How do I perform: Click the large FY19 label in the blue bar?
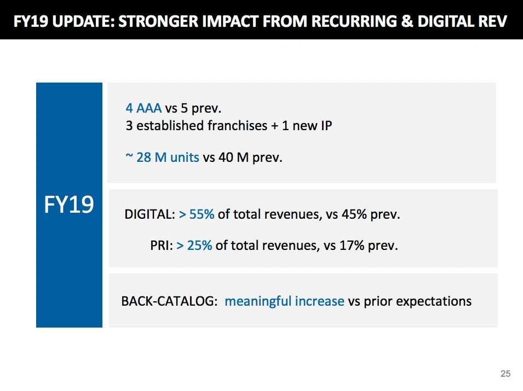tap(69, 205)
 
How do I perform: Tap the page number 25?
tap(505, 374)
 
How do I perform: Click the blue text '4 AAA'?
tap(143, 108)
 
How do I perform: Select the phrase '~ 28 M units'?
tap(162, 158)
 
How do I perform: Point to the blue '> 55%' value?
tap(197, 214)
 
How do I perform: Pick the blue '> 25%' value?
tap(194, 246)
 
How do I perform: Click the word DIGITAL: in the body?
tap(150, 214)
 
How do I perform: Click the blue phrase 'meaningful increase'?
tap(284, 301)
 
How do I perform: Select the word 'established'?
tap(170, 125)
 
